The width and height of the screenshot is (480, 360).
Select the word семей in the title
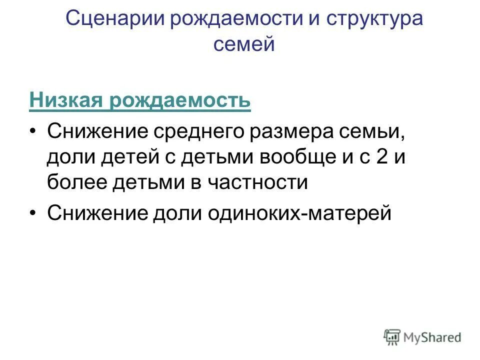[244, 44]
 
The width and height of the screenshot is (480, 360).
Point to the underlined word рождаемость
[179, 100]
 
